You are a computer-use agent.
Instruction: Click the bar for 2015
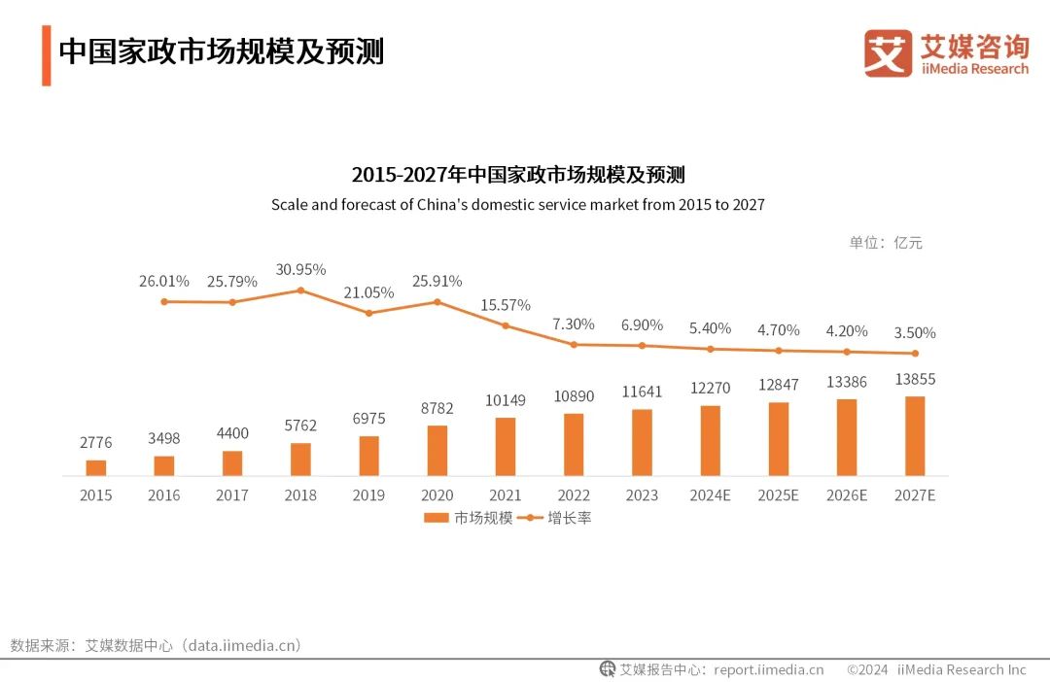[x=96, y=467]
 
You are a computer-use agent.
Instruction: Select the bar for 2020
[x=437, y=451]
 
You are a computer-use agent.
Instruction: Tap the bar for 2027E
[x=915, y=436]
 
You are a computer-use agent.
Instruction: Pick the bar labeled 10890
[x=574, y=445]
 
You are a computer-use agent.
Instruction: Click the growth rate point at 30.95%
[x=300, y=290]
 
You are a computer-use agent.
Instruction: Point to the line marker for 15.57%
[x=506, y=325]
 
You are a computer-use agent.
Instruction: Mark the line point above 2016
[x=164, y=301]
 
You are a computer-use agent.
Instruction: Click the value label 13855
[x=915, y=379]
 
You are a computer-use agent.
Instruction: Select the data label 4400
[x=232, y=433]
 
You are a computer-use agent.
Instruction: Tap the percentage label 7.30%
[x=574, y=324]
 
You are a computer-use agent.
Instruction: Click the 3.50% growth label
[x=915, y=332]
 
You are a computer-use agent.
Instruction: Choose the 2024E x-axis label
[x=710, y=495]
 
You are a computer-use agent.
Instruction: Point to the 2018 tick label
[x=300, y=495]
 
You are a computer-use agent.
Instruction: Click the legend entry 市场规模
[x=470, y=518]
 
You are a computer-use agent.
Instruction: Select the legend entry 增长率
[x=558, y=518]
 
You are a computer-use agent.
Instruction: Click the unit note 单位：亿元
[x=886, y=243]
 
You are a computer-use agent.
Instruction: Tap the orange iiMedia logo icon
[x=888, y=53]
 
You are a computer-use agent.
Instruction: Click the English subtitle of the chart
[x=518, y=205]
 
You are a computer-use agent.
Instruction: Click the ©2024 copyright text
[x=867, y=669]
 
